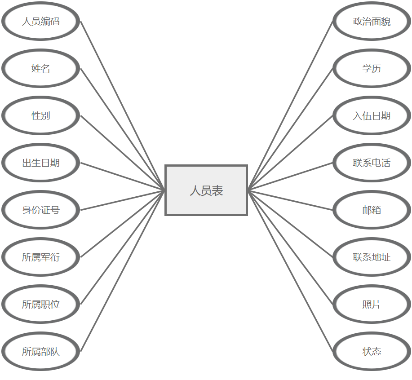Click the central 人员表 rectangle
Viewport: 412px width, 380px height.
click(x=206, y=190)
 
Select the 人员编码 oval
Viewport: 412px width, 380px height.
click(x=41, y=21)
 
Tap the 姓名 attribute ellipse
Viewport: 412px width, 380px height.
click(x=41, y=68)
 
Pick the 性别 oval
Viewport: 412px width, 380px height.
click(x=41, y=115)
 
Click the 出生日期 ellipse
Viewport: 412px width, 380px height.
click(x=41, y=163)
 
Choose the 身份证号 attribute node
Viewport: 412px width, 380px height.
click(x=41, y=210)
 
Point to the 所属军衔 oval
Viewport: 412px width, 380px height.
click(x=41, y=257)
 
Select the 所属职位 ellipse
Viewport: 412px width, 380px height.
click(x=41, y=304)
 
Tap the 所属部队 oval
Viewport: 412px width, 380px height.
click(x=41, y=351)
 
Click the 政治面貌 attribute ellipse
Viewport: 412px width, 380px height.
click(x=372, y=21)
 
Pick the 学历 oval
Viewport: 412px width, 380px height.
click(x=372, y=68)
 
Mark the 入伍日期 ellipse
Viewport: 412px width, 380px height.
click(x=372, y=115)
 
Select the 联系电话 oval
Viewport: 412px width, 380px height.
click(x=372, y=163)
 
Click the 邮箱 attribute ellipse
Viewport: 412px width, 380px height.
click(x=372, y=210)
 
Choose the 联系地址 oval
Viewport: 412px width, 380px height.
click(x=372, y=257)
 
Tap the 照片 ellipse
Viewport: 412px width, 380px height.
click(x=372, y=304)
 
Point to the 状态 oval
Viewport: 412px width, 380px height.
click(x=372, y=351)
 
